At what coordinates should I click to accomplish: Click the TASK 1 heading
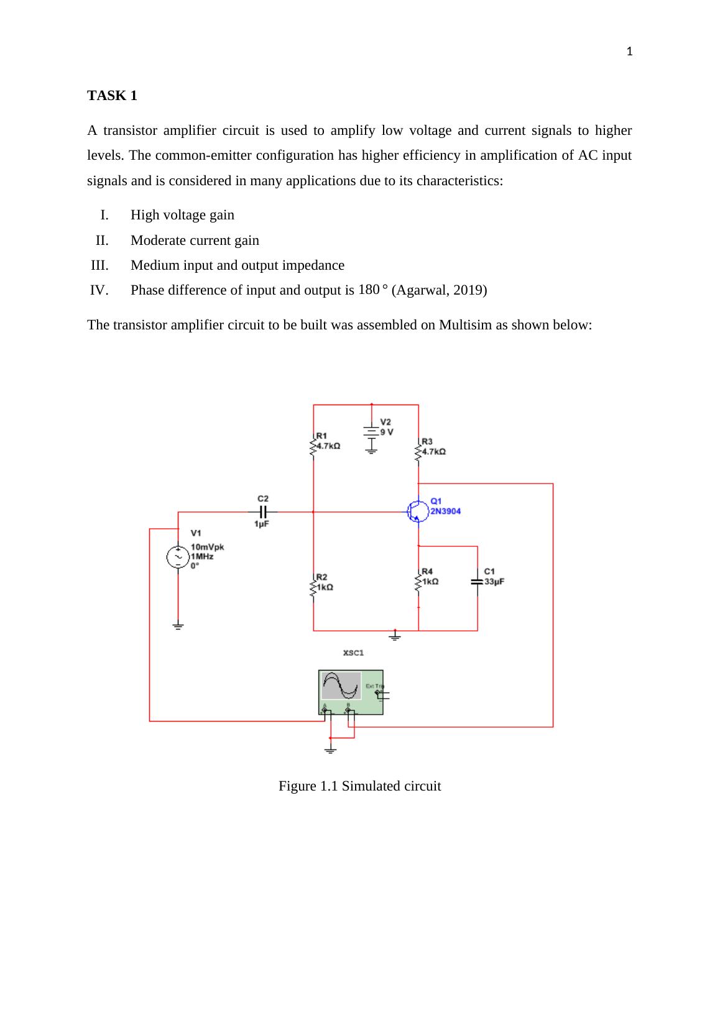point(112,96)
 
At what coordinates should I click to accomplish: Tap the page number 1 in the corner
point(629,52)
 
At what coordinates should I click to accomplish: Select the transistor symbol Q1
point(417,511)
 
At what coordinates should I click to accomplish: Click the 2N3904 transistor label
point(446,511)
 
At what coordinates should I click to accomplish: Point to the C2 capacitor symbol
point(263,511)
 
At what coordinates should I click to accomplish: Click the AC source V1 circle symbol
point(178,557)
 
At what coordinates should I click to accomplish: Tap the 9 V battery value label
point(387,432)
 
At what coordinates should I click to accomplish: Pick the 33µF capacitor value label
point(494,582)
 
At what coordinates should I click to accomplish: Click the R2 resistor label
point(322,577)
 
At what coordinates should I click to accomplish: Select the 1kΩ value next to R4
point(430,582)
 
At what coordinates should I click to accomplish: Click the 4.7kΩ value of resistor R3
point(433,452)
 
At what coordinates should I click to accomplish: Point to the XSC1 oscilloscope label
point(353,653)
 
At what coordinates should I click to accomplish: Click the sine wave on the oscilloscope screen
point(341,686)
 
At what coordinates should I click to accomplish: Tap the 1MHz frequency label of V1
point(202,557)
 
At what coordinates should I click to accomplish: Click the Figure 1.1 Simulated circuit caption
point(359,786)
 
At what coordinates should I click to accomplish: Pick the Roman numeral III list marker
point(99,265)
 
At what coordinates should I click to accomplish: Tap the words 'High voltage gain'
point(182,215)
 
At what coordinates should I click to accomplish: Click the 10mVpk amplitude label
point(207,547)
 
